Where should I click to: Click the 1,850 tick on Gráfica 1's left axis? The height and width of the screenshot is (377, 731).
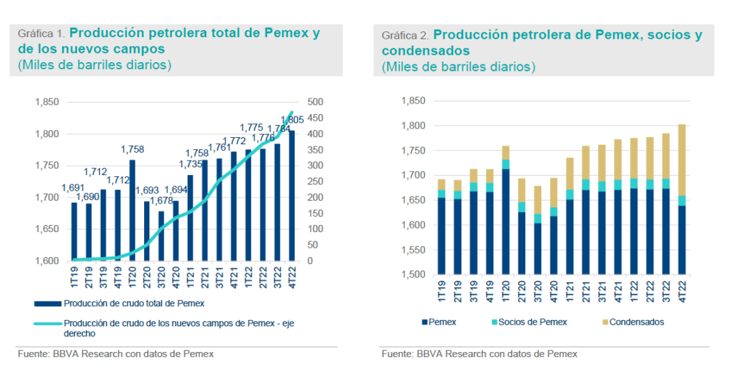47,102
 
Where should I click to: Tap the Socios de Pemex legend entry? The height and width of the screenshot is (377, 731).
532,322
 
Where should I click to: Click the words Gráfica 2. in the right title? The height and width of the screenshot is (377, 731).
405,35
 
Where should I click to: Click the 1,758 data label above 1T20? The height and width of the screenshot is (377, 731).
133,149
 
